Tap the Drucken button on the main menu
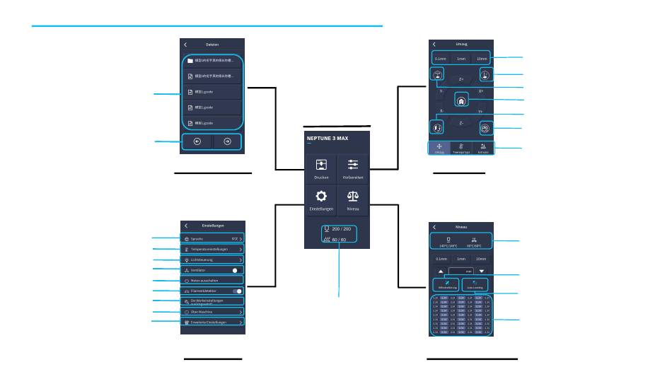pyautogui.click(x=321, y=169)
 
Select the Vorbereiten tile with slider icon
pyautogui.click(x=352, y=169)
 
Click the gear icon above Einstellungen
pyautogui.click(x=321, y=197)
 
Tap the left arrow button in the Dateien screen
pyautogui.click(x=197, y=141)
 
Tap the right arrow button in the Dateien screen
pyautogui.click(x=228, y=141)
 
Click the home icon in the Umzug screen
pyautogui.click(x=461, y=100)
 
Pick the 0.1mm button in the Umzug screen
pyautogui.click(x=440, y=59)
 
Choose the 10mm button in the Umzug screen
pyautogui.click(x=482, y=59)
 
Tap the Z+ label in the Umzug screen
pyautogui.click(x=461, y=79)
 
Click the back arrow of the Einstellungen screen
pyautogui.click(x=185, y=226)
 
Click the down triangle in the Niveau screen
pyautogui.click(x=482, y=271)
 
